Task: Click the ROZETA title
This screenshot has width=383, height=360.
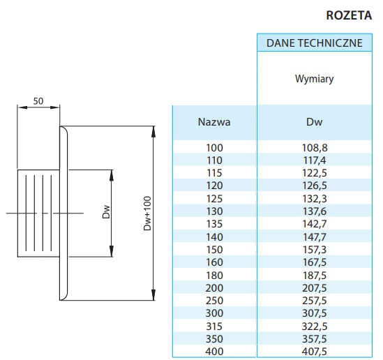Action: pos(349,15)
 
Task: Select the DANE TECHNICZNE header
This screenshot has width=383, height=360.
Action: pos(315,43)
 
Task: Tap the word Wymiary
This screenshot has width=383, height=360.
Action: pos(315,79)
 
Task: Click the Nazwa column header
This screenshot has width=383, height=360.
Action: pos(214,122)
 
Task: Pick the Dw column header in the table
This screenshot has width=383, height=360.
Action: pos(315,122)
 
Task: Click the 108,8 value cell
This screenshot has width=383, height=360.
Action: pos(315,148)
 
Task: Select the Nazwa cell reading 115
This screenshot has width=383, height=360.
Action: pos(214,173)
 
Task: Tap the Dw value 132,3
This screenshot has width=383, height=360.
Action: pos(315,199)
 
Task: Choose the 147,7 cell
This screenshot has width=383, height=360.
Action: pos(315,237)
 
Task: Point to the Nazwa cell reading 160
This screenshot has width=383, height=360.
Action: pos(214,262)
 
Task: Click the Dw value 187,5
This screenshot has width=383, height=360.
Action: pos(315,276)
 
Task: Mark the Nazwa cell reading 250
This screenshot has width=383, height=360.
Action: pos(214,301)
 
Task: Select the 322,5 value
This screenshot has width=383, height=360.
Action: pos(315,327)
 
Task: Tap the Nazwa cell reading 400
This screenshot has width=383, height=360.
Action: pos(214,352)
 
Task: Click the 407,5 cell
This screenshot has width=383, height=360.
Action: pos(315,352)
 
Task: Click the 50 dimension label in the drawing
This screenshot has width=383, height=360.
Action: pos(38,101)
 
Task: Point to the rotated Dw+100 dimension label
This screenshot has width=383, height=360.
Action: pos(147,213)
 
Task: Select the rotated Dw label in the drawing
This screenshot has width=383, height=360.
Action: pos(106,212)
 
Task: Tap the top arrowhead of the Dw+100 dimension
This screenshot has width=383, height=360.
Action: pos(153,131)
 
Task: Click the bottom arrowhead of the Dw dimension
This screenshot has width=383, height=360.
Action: pos(112,251)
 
